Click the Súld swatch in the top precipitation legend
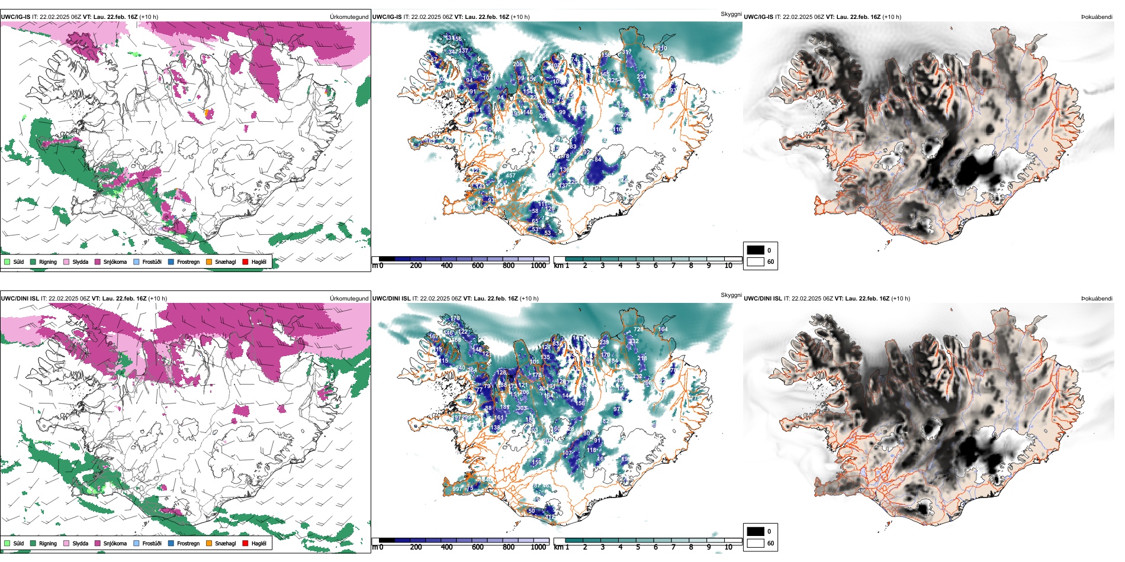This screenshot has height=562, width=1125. [7, 261]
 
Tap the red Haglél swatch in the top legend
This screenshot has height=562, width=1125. [246, 261]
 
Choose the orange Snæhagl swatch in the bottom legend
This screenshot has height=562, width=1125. [209, 543]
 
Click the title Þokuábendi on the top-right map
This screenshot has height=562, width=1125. [1097, 17]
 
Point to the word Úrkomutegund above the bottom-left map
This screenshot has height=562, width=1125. [349, 299]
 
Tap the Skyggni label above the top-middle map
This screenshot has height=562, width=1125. [731, 14]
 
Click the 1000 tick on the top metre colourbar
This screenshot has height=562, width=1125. [538, 266]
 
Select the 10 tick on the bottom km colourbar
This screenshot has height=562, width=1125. [728, 547]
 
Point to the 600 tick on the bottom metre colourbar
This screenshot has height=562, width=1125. [478, 547]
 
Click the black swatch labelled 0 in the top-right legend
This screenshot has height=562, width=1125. [756, 250]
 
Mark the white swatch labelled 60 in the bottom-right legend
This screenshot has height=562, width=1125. [756, 543]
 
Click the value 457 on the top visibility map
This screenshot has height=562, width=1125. [510, 176]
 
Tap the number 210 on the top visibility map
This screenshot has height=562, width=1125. [662, 49]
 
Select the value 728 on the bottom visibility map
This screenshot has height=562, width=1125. [638, 330]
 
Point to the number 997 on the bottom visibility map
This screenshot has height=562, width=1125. [457, 489]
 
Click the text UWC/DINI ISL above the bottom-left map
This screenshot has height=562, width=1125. [20, 299]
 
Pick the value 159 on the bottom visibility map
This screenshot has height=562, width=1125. [537, 463]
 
